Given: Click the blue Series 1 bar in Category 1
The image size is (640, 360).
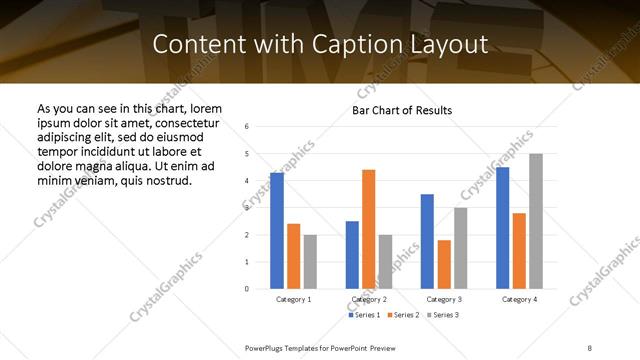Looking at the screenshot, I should [277, 231].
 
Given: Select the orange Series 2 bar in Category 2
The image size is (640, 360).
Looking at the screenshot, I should [368, 229].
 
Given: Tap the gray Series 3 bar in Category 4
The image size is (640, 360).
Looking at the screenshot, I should [535, 221].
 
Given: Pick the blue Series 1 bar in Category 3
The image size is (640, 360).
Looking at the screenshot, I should [427, 241].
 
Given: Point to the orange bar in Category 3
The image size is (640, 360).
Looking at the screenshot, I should [444, 264].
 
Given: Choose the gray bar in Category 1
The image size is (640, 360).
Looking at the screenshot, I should [310, 262].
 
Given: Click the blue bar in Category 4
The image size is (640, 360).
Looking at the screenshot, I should [502, 228].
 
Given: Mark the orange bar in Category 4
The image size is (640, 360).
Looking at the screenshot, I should [519, 251].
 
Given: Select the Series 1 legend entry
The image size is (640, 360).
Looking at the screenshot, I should [364, 315].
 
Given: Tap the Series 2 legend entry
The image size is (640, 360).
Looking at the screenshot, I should [402, 315].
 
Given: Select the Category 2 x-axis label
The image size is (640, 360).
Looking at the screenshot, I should [368, 299].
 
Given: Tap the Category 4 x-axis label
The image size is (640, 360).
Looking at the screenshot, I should [519, 299].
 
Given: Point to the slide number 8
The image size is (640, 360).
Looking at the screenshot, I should [590, 346].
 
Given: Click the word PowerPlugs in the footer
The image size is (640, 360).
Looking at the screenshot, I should [269, 346].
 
